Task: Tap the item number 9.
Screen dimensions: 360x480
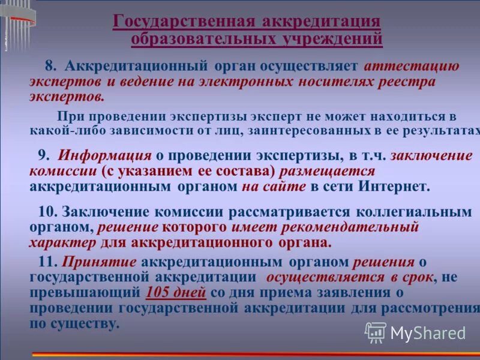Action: (x=43, y=155)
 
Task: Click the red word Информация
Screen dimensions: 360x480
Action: (x=105, y=155)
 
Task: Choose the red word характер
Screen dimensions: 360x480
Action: (x=62, y=243)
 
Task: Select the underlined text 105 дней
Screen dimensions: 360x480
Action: (x=176, y=293)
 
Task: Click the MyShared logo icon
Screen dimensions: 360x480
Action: (x=376, y=332)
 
